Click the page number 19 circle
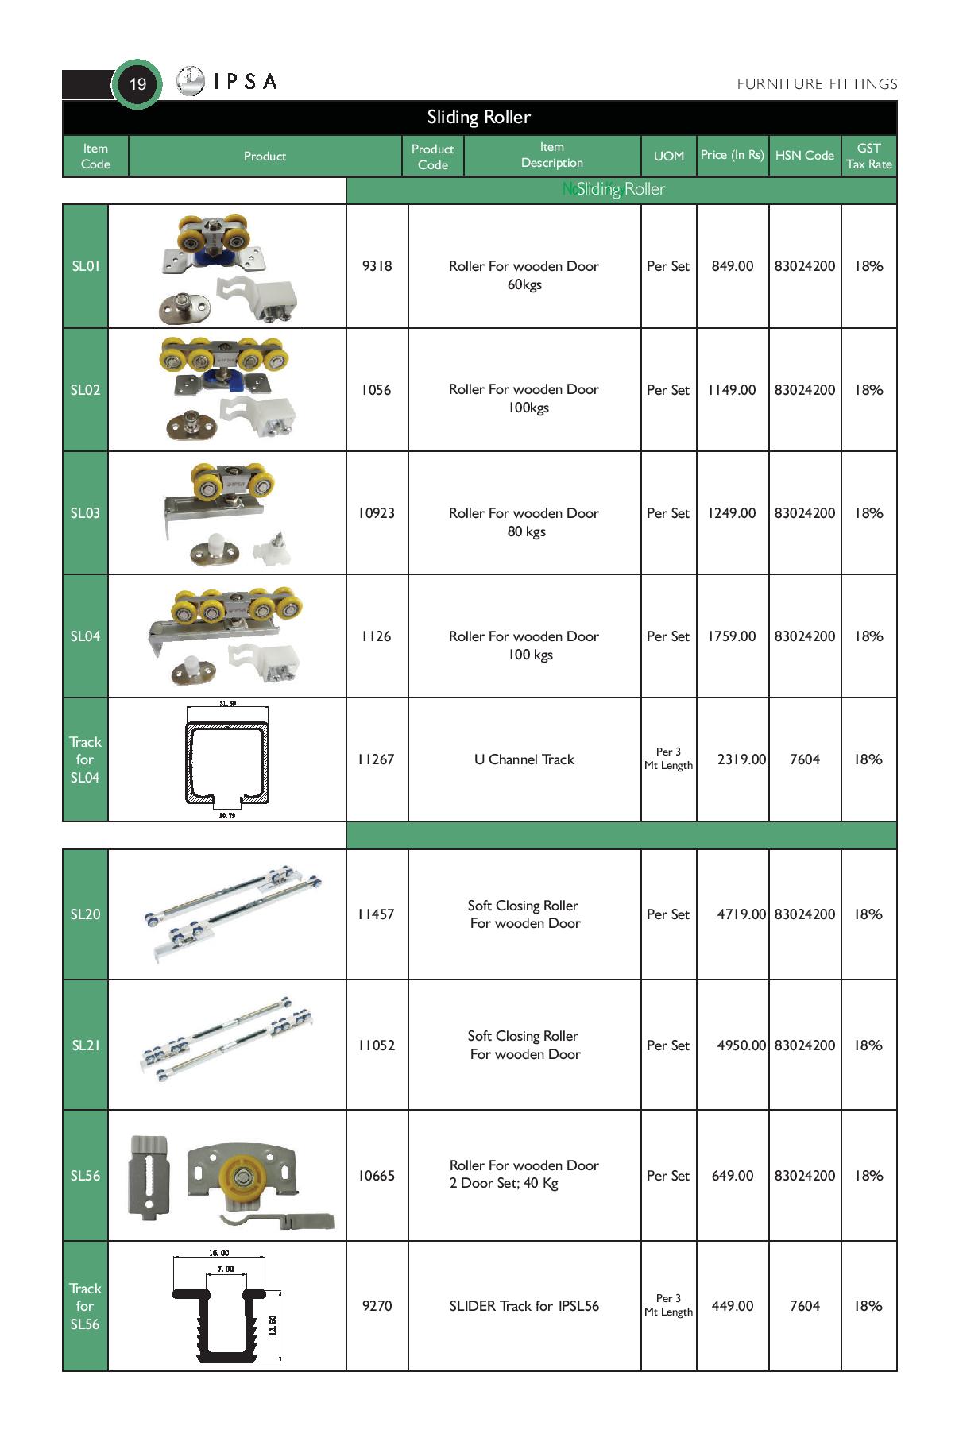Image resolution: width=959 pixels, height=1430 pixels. tap(137, 83)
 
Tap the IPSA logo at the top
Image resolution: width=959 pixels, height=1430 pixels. tap(227, 81)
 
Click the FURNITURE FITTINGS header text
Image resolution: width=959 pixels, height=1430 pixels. tap(817, 84)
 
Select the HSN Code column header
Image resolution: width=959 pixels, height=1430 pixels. tap(804, 156)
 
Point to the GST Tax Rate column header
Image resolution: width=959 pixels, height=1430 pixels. tap(868, 156)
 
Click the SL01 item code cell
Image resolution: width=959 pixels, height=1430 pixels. tap(86, 266)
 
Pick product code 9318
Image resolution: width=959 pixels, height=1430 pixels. tap(377, 266)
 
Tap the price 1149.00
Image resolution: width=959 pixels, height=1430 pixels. tap(732, 390)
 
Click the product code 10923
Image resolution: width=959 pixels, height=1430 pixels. tap(377, 513)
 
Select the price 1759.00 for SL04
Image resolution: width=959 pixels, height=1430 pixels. tap(732, 636)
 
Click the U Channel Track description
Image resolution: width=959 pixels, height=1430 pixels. tap(524, 759)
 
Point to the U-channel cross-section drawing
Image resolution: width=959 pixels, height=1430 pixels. tap(227, 760)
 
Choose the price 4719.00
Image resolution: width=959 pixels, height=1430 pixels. tap(741, 914)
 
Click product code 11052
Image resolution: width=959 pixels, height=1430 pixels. tap(377, 1045)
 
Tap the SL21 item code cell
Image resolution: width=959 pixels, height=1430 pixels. tap(86, 1045)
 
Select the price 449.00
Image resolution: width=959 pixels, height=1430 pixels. tap(732, 1306)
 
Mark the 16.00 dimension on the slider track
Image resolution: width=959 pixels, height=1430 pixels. tap(219, 1253)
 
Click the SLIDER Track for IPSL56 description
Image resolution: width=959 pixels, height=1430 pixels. tap(524, 1306)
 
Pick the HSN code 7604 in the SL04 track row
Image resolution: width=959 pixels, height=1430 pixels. tap(804, 759)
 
